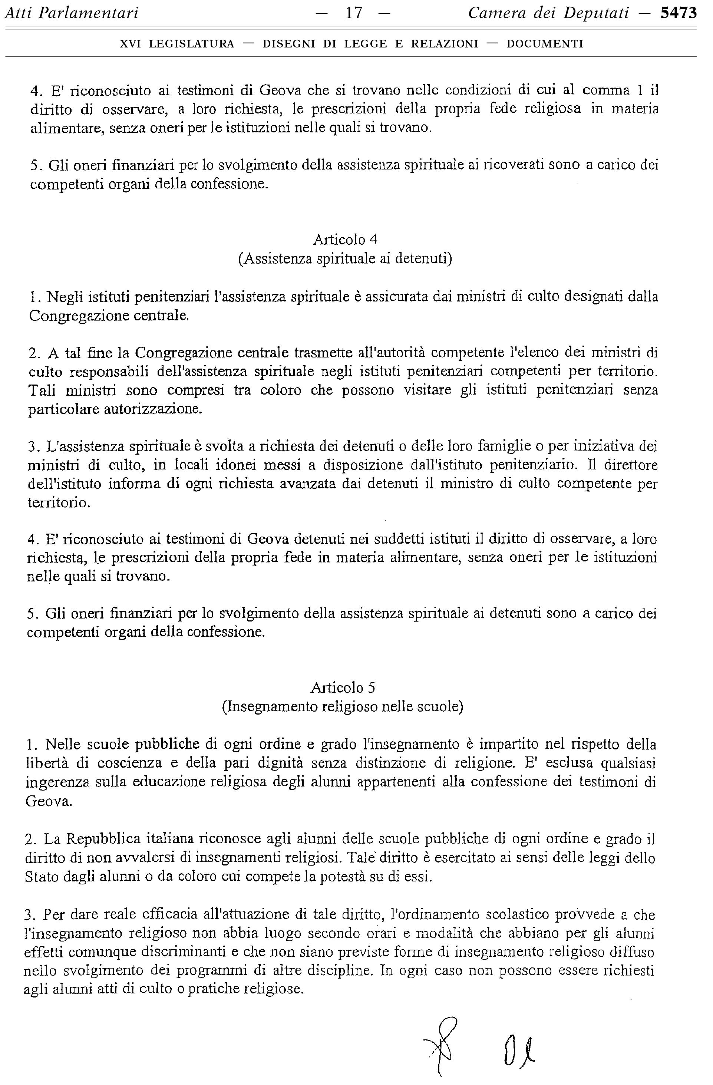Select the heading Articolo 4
tap(345, 239)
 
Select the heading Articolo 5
tap(343, 687)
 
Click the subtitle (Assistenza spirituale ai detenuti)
tap(345, 258)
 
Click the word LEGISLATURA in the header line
tap(191, 44)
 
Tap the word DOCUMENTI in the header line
tap(545, 44)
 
